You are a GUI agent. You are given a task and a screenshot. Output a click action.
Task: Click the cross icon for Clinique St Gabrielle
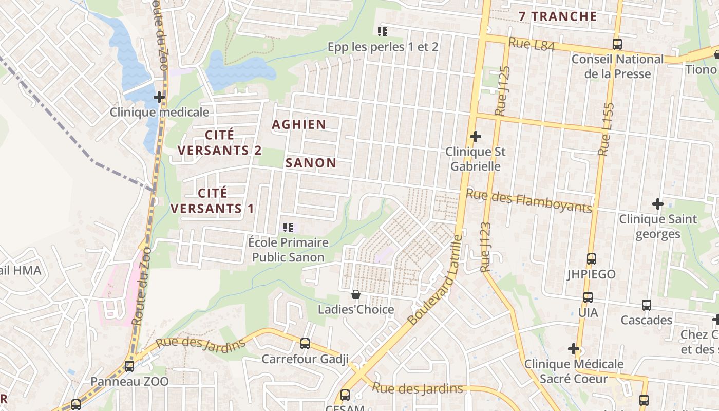476,137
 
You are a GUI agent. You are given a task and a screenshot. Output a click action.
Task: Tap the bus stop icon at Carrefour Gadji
305,343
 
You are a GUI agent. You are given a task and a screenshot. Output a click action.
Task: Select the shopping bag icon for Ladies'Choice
355,294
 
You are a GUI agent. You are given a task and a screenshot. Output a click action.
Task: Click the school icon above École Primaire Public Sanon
288,227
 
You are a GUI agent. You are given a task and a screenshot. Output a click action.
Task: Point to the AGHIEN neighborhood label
299,124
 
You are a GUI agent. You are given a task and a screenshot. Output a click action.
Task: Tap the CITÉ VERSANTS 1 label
212,201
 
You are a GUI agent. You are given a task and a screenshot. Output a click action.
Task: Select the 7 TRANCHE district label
558,16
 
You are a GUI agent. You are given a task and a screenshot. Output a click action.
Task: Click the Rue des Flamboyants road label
529,201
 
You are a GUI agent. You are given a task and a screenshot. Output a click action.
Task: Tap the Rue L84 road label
532,45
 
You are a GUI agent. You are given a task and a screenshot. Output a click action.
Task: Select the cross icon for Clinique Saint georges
658,204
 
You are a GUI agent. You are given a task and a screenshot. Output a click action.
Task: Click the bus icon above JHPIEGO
592,259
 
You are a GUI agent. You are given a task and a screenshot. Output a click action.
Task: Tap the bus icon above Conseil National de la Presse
617,44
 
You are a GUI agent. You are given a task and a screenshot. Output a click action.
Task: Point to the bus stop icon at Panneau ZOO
129,366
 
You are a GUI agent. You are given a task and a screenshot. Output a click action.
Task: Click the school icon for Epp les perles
383,32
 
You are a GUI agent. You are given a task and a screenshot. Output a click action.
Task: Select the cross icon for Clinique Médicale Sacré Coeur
574,349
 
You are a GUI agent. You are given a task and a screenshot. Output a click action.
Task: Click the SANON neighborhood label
311,163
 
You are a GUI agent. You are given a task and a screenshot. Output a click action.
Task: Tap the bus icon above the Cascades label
647,305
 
